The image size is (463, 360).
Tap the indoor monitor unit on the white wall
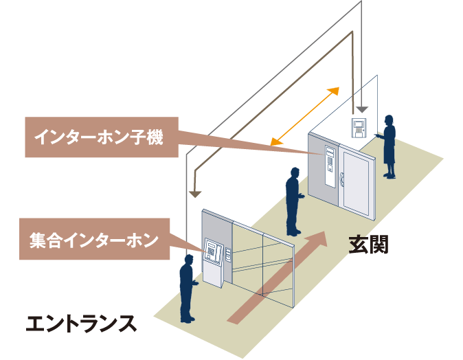[x=359, y=127]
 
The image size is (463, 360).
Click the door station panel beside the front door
[x=330, y=167]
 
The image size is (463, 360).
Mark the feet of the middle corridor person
[x=293, y=232]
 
